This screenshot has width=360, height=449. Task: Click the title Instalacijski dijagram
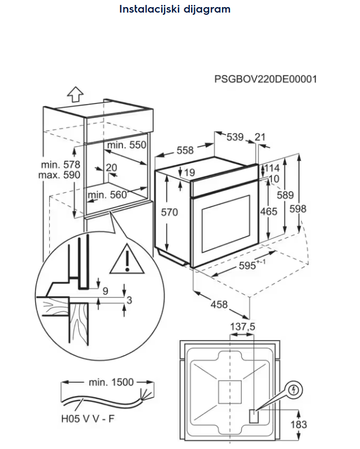pos(175,9)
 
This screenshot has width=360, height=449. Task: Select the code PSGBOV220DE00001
pos(265,79)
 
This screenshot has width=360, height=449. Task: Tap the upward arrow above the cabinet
pos(75,94)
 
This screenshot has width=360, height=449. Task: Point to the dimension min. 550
pos(127,145)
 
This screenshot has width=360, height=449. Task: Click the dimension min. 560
pos(107,194)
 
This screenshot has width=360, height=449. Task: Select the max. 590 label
pos(59,175)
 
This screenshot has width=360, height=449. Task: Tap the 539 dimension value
pos(235,137)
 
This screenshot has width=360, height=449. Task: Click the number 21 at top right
pos(260,137)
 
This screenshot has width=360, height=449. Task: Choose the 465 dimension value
pos(268,212)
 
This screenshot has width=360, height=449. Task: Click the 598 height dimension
pos(298,208)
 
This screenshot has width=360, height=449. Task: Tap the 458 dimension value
pos(219,305)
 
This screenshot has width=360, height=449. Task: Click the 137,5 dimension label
pos(242,326)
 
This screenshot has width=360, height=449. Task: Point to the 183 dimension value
pos(299,424)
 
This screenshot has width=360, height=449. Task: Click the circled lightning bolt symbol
pos(295,390)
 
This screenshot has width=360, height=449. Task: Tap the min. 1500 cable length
pos(111,382)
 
